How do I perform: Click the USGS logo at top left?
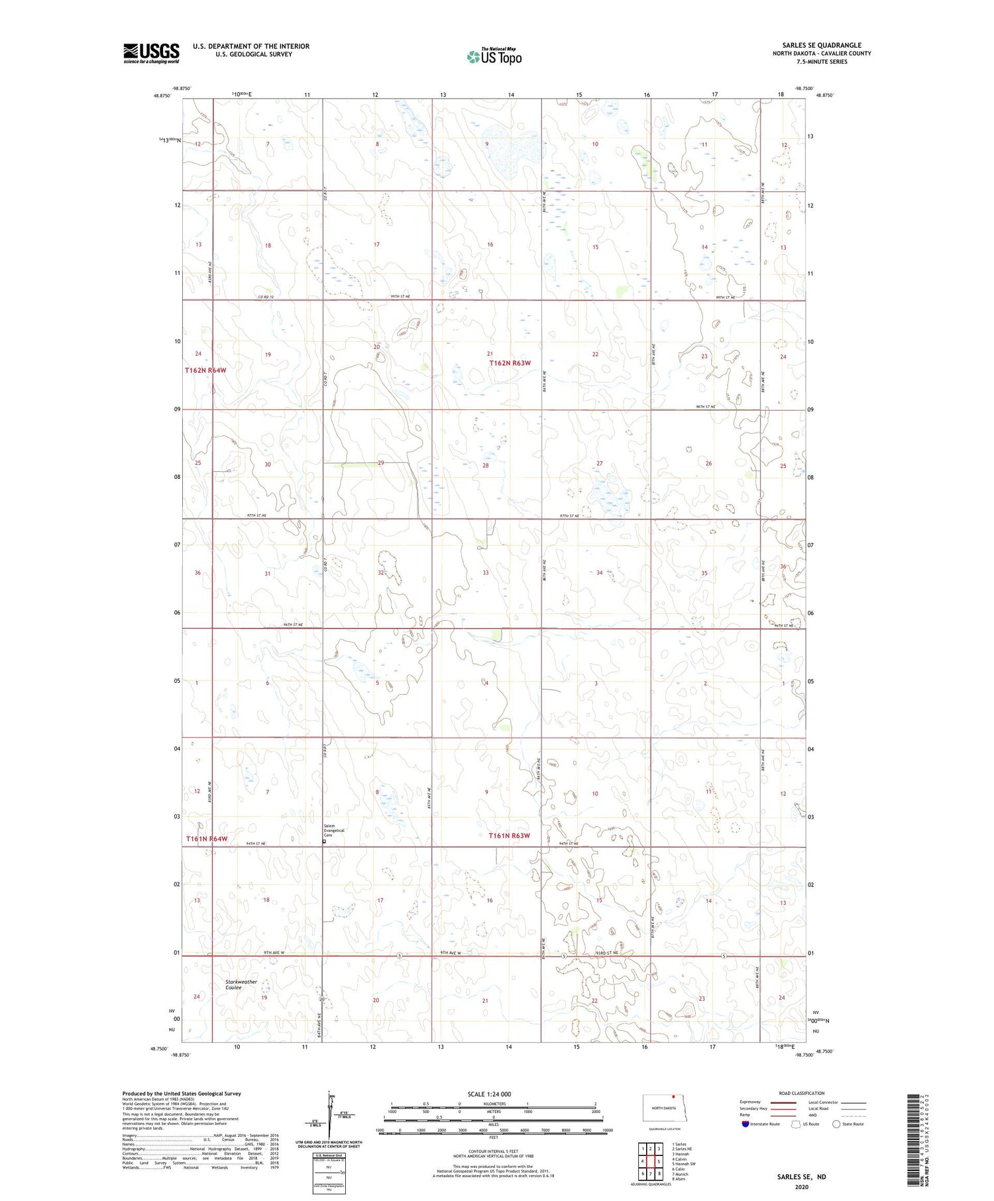pyautogui.click(x=151, y=53)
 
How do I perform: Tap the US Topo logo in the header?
pyautogui.click(x=494, y=57)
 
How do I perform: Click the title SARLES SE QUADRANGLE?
pyautogui.click(x=821, y=45)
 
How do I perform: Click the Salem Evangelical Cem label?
pyautogui.click(x=335, y=830)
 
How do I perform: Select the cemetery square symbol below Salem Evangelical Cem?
pyautogui.click(x=324, y=841)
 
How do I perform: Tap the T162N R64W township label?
pyautogui.click(x=205, y=370)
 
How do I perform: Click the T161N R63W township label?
pyautogui.click(x=509, y=835)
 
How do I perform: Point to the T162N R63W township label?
pyautogui.click(x=510, y=363)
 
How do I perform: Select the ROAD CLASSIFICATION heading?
pyautogui.click(x=802, y=1093)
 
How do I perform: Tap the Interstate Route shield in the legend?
pyautogui.click(x=745, y=1123)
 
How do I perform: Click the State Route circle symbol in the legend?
pyautogui.click(x=836, y=1123)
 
